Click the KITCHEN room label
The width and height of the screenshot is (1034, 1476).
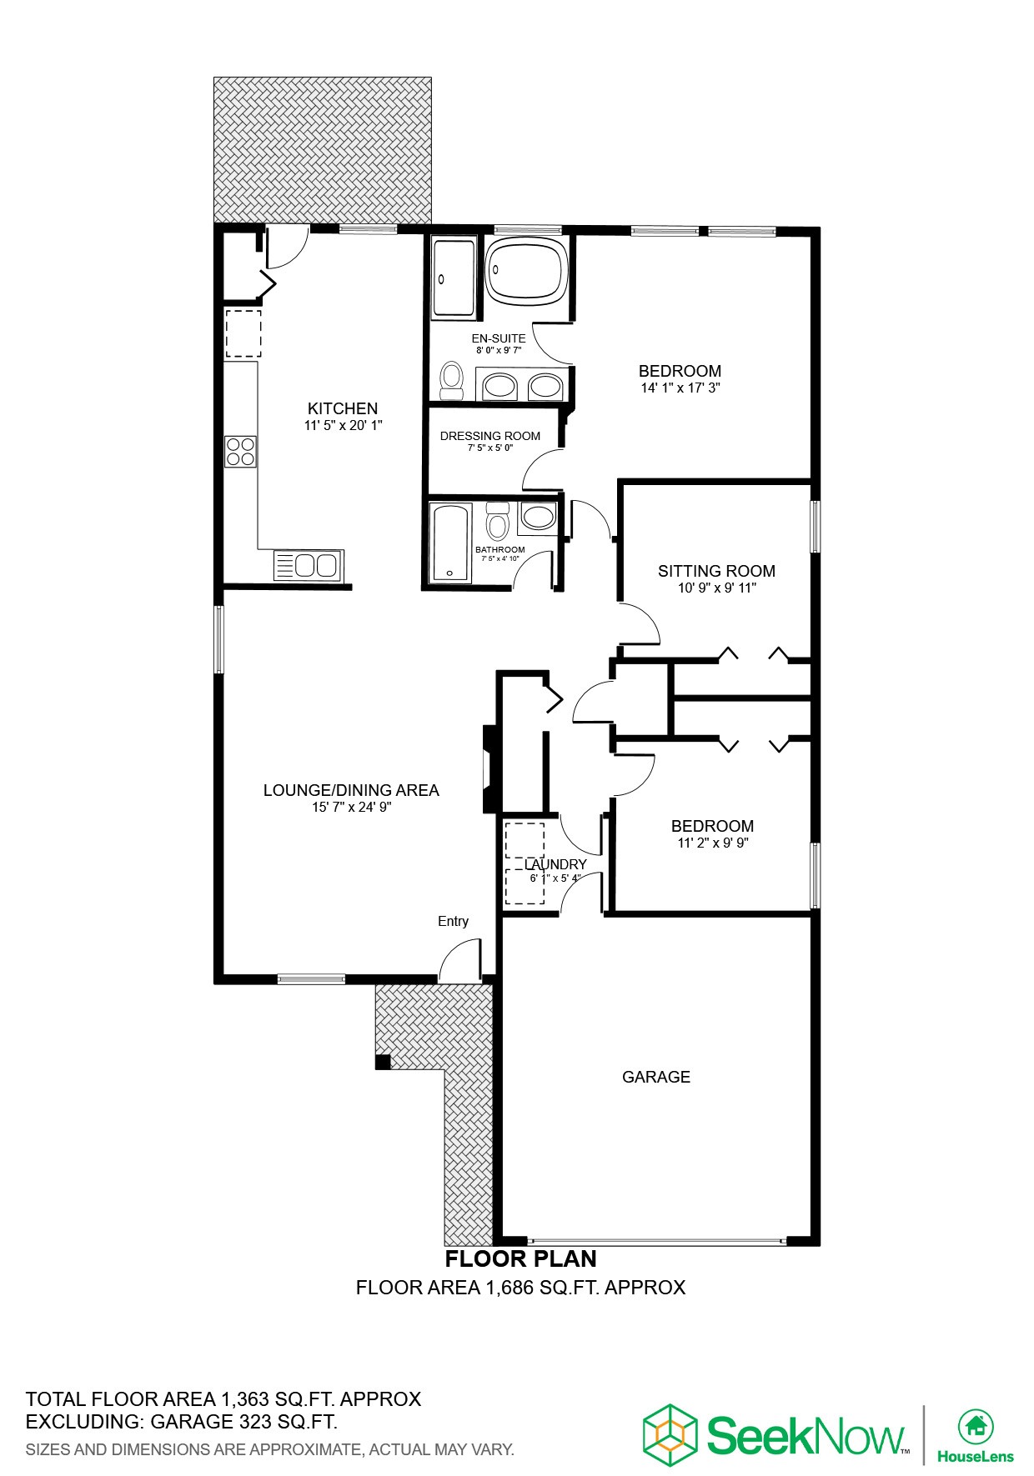(x=343, y=408)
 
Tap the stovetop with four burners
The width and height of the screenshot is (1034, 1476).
(x=240, y=451)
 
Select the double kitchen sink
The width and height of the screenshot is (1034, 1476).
(x=307, y=565)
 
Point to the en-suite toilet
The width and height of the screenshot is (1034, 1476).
(x=452, y=380)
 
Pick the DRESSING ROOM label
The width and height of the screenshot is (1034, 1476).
(x=489, y=436)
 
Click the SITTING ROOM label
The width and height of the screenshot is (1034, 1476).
(x=716, y=571)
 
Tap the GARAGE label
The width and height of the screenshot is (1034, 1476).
(x=656, y=1077)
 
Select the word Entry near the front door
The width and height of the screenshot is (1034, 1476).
(x=453, y=921)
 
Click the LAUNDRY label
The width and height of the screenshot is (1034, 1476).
(x=555, y=864)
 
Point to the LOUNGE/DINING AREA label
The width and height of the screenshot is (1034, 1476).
(x=351, y=790)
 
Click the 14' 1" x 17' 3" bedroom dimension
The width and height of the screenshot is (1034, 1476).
(x=680, y=388)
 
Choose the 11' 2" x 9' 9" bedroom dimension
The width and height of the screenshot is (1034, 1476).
(x=712, y=843)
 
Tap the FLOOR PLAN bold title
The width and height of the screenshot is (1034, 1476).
(x=520, y=1258)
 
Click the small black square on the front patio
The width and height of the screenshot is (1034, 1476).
(x=383, y=1061)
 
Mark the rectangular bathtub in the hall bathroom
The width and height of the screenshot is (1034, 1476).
(x=449, y=542)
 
